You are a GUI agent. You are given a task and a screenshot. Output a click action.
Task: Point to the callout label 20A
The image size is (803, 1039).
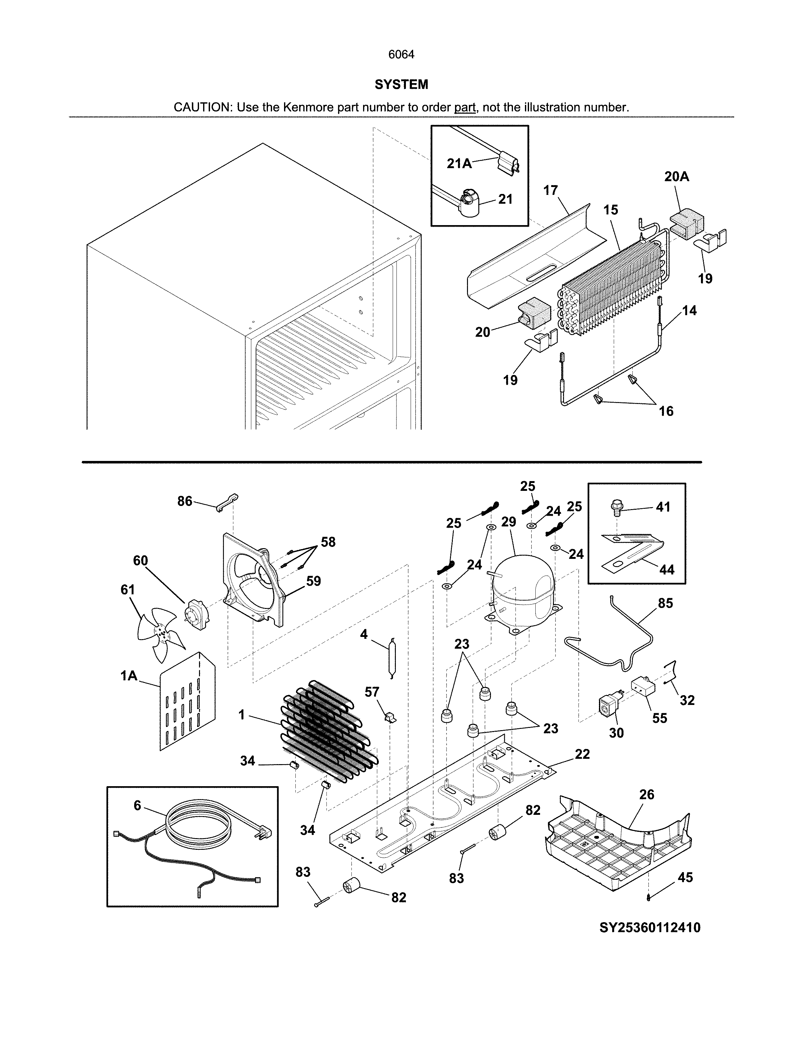point(676,177)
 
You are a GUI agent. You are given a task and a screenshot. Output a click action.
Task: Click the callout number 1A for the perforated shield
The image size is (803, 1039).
point(128,676)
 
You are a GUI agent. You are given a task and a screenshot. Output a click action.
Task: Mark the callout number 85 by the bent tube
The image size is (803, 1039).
point(665,603)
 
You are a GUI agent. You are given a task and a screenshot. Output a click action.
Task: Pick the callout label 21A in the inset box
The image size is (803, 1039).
point(459,164)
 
